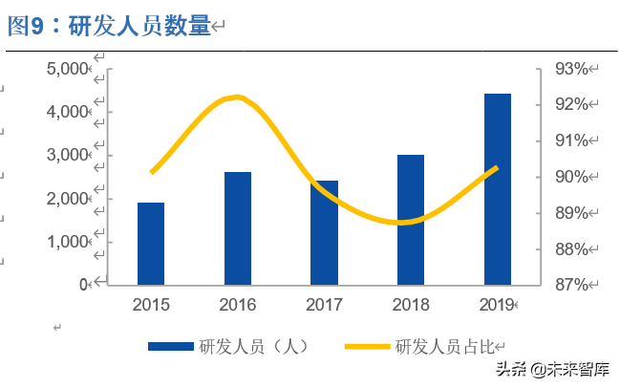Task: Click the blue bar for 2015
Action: pos(151,244)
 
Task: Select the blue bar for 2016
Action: pos(238,228)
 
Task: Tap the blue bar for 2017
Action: pos(325,232)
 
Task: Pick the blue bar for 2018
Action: pos(411,220)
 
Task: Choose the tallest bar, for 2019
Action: pos(497,188)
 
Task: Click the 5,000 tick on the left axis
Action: pos(67,69)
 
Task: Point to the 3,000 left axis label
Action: pos(67,155)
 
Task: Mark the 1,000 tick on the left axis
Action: pos(67,242)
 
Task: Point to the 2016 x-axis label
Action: pos(238,305)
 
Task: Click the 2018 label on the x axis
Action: pos(411,305)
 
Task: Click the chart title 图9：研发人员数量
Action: pos(109,27)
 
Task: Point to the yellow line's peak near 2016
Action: pos(238,97)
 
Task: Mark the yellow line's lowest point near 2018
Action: pos(405,223)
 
